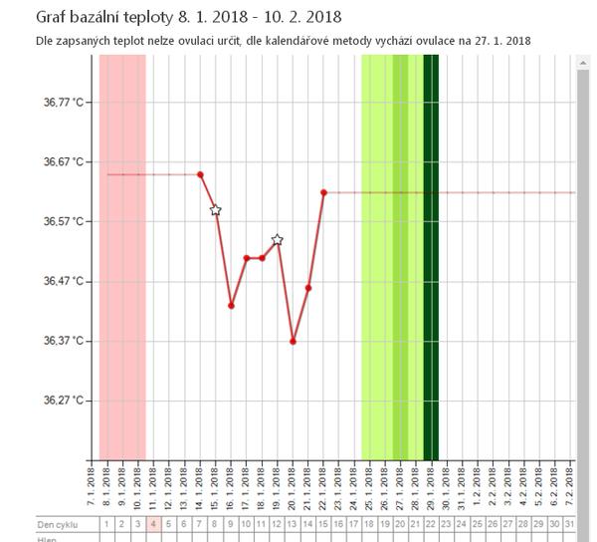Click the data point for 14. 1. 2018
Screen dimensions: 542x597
coord(200,174)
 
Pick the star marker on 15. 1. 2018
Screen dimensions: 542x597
coord(216,210)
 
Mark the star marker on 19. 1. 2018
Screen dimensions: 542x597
coord(278,240)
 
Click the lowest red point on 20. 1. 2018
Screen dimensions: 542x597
coord(294,341)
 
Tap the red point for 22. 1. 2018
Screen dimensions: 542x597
coord(324,192)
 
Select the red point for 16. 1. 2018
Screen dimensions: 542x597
coord(231,306)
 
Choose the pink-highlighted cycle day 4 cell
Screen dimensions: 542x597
coord(153,523)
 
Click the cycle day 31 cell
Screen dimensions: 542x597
coord(568,523)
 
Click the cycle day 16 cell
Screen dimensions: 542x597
coord(338,523)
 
